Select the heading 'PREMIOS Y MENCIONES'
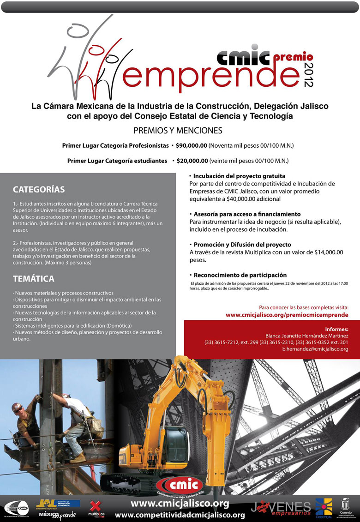pos(178,131)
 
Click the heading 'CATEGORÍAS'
pos(39,189)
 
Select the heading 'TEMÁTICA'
pos(34,279)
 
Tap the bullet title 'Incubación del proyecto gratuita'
pos(239,176)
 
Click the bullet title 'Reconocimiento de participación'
pos(240,275)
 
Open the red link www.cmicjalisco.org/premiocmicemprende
pos(287,315)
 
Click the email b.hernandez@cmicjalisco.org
pos(315,349)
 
